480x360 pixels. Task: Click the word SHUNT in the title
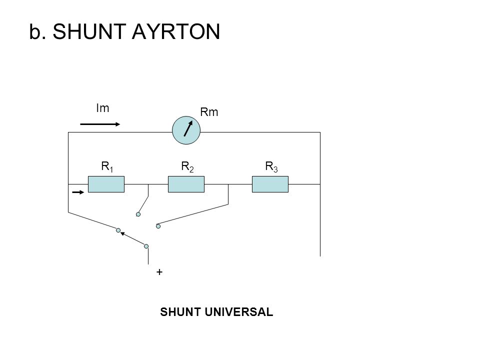pyautogui.click(x=89, y=31)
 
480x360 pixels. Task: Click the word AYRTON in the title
pyautogui.click(x=176, y=31)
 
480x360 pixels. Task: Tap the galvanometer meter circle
pyautogui.click(x=186, y=130)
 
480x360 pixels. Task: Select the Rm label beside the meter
pyautogui.click(x=209, y=112)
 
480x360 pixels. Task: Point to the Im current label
pyautogui.click(x=102, y=108)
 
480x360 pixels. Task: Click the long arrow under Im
pyautogui.click(x=100, y=124)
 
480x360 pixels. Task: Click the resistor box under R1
pyautogui.click(x=106, y=184)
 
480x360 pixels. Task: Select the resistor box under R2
pyautogui.click(x=186, y=184)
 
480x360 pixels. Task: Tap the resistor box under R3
pyautogui.click(x=270, y=184)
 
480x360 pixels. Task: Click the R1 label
pyautogui.click(x=107, y=167)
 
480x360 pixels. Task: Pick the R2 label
pyautogui.click(x=187, y=167)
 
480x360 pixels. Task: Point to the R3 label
pyautogui.click(x=271, y=167)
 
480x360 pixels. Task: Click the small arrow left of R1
pyautogui.click(x=78, y=192)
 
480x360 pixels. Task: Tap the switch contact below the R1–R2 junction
pyautogui.click(x=138, y=214)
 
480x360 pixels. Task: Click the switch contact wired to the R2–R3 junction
pyautogui.click(x=158, y=226)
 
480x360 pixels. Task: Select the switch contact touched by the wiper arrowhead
pyautogui.click(x=118, y=230)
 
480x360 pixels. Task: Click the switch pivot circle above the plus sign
pyautogui.click(x=146, y=246)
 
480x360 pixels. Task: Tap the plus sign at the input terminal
pyautogui.click(x=159, y=272)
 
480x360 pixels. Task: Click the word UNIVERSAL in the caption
pyautogui.click(x=239, y=312)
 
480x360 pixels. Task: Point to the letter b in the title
pyautogui.click(x=35, y=31)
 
